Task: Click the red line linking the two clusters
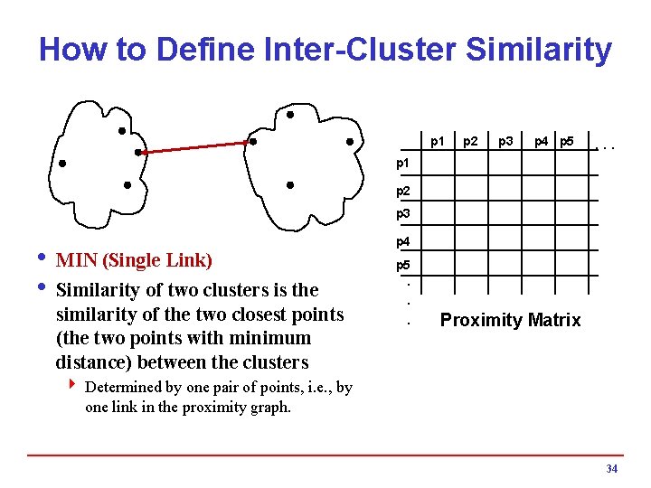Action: (195, 147)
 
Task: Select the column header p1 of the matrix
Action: (438, 141)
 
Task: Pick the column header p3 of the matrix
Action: (506, 141)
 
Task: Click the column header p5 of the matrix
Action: (567, 141)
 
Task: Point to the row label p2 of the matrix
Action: (402, 191)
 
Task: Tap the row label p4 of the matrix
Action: (402, 241)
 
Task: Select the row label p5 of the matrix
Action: (402, 266)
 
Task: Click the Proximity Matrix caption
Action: (510, 320)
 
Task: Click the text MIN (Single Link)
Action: (134, 261)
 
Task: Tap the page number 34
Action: (611, 469)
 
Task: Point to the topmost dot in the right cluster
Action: (289, 116)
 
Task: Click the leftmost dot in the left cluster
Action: (62, 164)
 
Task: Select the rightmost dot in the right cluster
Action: (348, 141)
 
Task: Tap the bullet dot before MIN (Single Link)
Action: (42, 259)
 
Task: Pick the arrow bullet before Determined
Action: (72, 387)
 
